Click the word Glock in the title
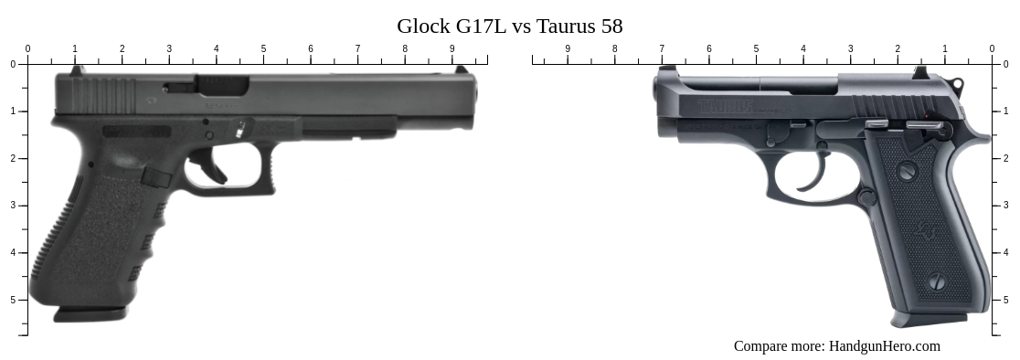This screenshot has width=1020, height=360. (423, 26)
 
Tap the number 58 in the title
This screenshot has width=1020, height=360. (611, 26)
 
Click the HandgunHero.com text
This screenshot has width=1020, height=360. (884, 345)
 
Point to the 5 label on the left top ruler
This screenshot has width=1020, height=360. (263, 49)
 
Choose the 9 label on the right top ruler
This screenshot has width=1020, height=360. (568, 49)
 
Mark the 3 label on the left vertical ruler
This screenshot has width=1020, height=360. (13, 206)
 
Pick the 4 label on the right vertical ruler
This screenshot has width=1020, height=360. (1006, 253)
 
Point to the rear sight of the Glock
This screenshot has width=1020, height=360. (78, 69)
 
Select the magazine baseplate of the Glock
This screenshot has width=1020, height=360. (90, 313)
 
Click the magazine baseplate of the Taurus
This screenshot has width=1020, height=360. (929, 319)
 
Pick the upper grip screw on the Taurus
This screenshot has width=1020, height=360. (907, 171)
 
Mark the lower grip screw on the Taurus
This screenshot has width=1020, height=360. (937, 282)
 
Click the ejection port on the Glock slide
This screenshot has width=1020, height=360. (222, 86)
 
